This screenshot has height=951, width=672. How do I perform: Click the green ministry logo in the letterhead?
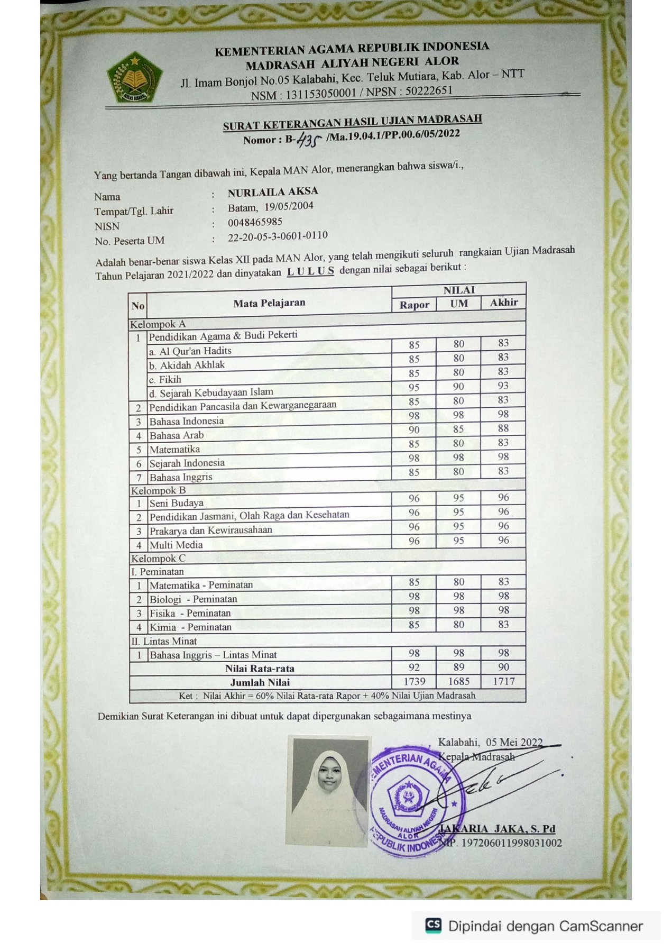(x=134, y=78)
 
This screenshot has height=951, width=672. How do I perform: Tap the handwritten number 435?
(x=309, y=140)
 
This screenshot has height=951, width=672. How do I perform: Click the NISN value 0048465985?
(x=255, y=222)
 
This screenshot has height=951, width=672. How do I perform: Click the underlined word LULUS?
(x=310, y=271)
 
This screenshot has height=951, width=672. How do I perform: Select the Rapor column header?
(x=414, y=305)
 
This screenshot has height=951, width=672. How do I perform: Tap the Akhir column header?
(x=503, y=303)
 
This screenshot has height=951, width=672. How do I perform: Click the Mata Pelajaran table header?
(x=269, y=303)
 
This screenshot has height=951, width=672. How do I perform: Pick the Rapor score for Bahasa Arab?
(x=414, y=429)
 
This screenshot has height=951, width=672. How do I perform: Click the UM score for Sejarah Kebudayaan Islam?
(x=458, y=387)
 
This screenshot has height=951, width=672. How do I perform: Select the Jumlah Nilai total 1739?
(x=414, y=681)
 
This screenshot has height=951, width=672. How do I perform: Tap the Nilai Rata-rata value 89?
(x=458, y=667)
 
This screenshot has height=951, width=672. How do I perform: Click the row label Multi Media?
(x=176, y=545)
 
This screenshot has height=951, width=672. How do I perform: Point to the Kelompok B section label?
(x=158, y=490)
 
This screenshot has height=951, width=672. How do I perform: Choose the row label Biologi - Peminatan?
(x=193, y=599)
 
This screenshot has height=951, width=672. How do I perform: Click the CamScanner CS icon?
(x=433, y=925)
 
